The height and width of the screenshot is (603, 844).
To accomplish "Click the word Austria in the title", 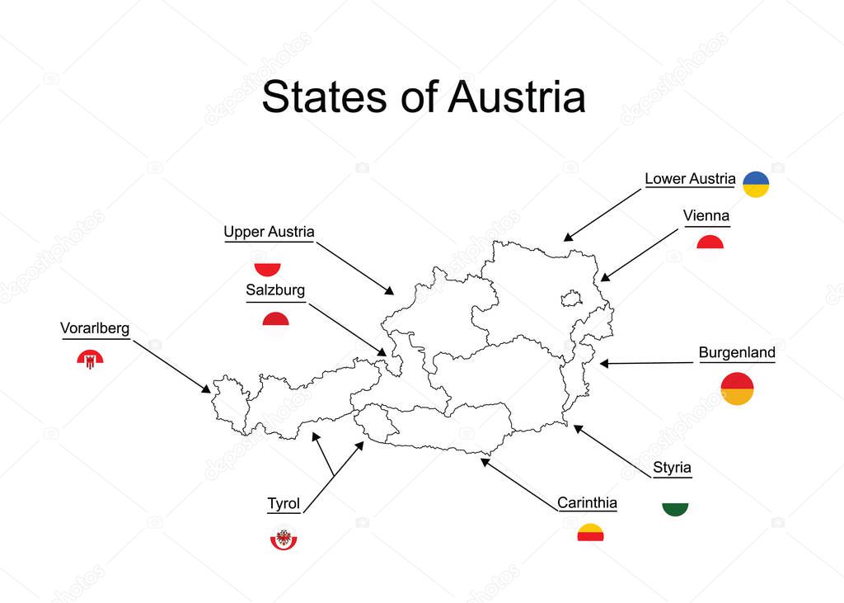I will (517, 97).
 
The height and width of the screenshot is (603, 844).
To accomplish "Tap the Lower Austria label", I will (690, 178).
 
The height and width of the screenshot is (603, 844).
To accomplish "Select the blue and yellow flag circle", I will (756, 184).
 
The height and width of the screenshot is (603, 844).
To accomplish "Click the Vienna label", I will (706, 216).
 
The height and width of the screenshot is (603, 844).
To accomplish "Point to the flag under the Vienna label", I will (710, 243).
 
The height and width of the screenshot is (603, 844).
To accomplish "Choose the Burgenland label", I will (737, 353).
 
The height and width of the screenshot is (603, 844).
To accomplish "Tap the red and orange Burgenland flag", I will (737, 389).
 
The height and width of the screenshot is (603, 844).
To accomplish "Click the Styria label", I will (673, 468).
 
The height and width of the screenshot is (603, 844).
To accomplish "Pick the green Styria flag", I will (675, 508).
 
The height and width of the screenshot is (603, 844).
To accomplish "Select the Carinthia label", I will (587, 503).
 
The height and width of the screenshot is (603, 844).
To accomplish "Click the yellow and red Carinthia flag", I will (590, 533).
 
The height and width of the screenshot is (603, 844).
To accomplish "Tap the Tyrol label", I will (284, 504).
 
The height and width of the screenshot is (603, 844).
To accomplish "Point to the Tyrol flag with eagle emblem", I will (284, 539).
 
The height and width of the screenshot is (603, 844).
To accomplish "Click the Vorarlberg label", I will (95, 328).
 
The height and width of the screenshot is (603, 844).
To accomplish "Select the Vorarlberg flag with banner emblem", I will (90, 358).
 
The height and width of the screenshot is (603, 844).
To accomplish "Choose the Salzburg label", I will (275, 290).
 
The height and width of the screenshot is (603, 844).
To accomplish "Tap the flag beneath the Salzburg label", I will (275, 320).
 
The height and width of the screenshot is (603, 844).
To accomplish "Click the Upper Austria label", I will (269, 233).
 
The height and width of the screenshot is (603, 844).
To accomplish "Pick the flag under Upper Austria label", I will (267, 268).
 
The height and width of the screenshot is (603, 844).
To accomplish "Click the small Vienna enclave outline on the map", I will (570, 296).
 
